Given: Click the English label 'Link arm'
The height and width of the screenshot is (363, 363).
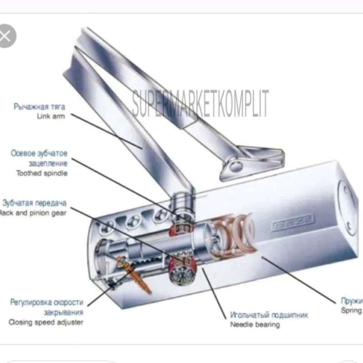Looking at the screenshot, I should [51, 116].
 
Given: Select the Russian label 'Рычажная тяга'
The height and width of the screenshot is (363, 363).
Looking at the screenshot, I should [39, 107].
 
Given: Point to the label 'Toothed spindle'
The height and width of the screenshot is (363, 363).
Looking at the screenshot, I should [42, 173].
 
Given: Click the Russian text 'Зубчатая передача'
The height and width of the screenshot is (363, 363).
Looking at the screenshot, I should [34, 203].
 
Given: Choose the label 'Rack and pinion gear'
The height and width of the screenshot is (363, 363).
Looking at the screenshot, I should [33, 212].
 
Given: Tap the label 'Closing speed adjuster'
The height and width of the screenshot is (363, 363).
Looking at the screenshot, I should [46, 322].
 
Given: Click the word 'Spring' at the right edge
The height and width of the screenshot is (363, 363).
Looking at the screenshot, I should [352, 310].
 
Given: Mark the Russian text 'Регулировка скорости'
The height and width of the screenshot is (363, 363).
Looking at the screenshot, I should [47, 302].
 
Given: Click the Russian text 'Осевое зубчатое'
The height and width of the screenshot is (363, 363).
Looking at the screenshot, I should [39, 153].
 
